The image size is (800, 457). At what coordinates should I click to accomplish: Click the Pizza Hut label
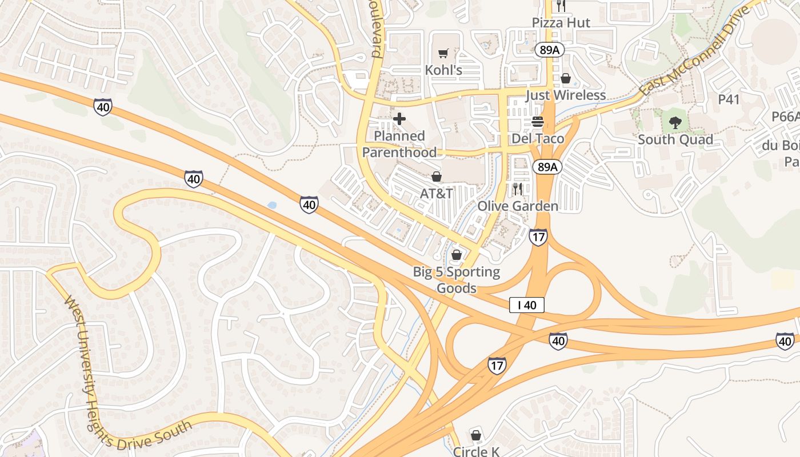(561, 23)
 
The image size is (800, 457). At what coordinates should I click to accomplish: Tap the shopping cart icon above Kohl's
(443, 54)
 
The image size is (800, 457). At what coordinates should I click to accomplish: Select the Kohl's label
(443, 70)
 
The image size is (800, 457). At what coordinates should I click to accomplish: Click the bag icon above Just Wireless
(566, 78)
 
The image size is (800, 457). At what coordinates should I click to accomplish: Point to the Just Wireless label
(565, 95)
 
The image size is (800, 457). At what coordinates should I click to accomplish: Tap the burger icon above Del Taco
(538, 122)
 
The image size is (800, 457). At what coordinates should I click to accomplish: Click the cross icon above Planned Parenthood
(399, 119)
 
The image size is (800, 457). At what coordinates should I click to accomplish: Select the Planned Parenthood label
(399, 144)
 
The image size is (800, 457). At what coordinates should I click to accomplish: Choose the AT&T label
(437, 194)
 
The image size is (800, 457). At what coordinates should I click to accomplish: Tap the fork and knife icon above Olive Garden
(518, 189)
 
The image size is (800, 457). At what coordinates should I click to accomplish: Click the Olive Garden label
(518, 206)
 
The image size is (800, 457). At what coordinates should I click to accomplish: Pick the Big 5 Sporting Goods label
(457, 280)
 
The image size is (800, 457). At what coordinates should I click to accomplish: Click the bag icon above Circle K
(476, 435)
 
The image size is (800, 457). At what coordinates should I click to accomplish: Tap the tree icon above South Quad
(675, 122)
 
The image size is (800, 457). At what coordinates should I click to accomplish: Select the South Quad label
(675, 139)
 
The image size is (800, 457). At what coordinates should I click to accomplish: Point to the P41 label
(729, 99)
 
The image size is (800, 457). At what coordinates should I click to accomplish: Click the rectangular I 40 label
(526, 305)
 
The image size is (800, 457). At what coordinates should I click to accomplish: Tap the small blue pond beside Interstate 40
(272, 205)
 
